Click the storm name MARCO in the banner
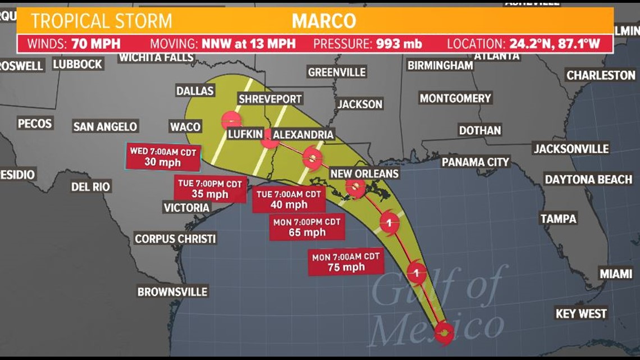point(324,21)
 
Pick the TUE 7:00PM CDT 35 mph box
point(209,189)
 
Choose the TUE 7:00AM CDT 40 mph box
point(289,199)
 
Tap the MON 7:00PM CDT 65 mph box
point(307,227)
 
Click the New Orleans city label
point(364,174)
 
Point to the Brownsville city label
point(172,291)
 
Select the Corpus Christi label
point(175,239)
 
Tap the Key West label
point(581,313)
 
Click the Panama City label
point(475,162)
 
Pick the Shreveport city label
point(270,99)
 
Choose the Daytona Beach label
point(588,179)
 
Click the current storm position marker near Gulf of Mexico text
point(444,332)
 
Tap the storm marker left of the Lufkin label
point(231,120)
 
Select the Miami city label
point(615,274)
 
